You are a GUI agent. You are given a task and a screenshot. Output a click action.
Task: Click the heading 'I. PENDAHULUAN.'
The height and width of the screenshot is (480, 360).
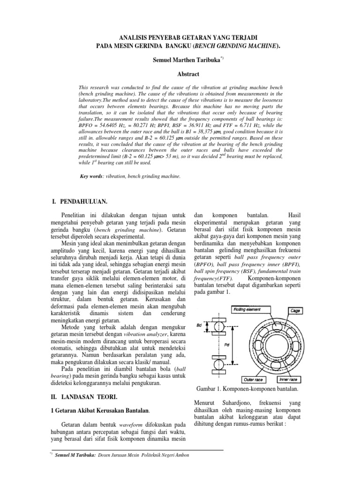click(x=80, y=201)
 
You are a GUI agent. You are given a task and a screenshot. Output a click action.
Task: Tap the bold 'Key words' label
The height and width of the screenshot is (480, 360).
click(x=91, y=176)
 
